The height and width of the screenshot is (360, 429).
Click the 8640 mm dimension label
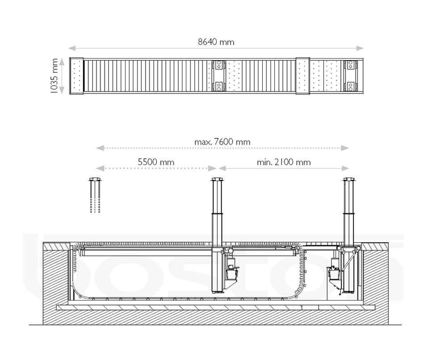pos(216,42)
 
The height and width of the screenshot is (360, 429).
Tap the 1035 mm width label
pos(54,76)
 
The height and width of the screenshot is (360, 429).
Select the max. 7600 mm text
pos(222,142)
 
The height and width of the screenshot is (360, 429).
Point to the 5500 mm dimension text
pos(156,162)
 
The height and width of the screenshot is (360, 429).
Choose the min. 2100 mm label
pos(283,162)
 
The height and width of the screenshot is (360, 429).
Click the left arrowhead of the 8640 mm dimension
pos(72,48)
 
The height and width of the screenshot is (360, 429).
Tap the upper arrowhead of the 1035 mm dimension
pos(63,62)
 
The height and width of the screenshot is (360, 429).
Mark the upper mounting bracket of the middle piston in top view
pos(219,65)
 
